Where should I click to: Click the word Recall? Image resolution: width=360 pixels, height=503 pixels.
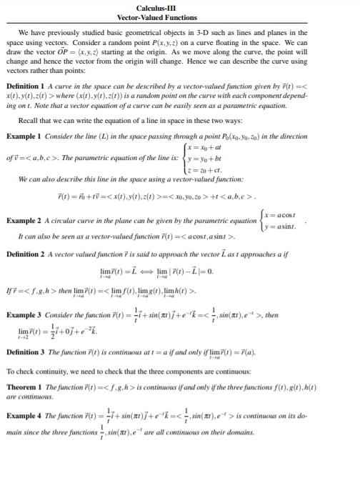(50, 121)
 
